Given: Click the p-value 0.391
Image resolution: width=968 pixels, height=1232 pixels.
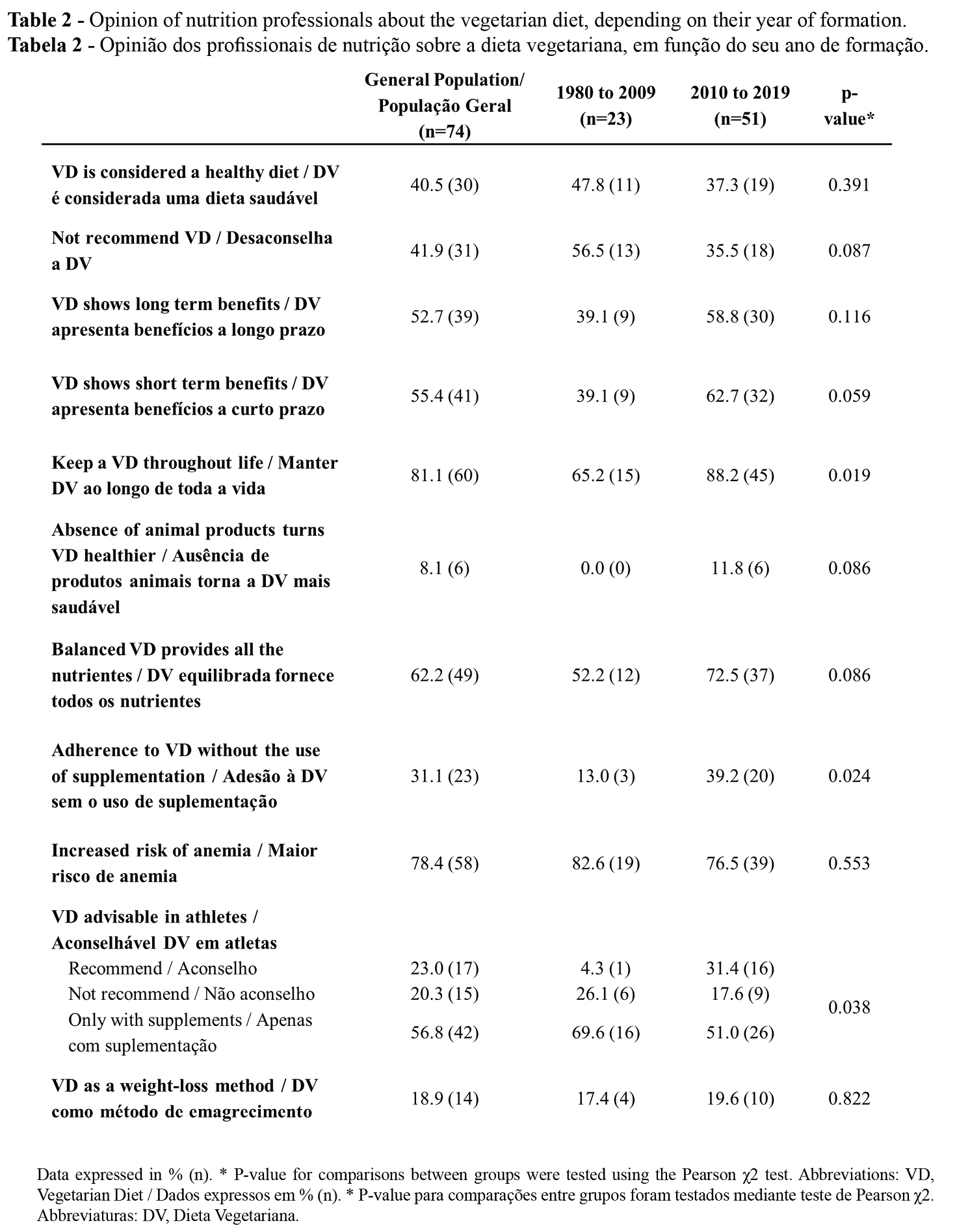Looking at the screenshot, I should coord(848,185).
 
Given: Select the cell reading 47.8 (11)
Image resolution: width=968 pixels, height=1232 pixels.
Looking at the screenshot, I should coord(605,185).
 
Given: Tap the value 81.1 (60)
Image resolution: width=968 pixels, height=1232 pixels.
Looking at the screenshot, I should coord(444,475).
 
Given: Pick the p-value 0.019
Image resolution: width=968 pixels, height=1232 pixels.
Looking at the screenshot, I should coord(848,475).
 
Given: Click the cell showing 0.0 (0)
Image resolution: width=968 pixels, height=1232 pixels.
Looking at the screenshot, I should coord(605,568).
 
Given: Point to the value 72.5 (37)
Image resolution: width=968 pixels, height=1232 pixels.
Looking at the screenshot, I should coord(740,675).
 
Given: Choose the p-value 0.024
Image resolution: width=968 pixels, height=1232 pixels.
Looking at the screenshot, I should coord(848,776).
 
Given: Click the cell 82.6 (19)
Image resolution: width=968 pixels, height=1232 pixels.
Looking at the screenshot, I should coord(605,863).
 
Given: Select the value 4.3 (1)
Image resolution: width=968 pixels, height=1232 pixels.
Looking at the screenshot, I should coord(605,969).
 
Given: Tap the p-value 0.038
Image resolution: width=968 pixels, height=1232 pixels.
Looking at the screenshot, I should coord(848,1007).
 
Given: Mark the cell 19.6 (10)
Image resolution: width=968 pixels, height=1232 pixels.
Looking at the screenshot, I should coord(740,1099).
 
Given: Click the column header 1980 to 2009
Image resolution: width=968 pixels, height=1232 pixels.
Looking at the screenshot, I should coord(605,105).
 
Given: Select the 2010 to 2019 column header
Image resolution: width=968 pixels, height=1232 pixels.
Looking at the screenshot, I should coord(740,105).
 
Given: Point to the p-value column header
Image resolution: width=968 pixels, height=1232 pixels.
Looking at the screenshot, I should coord(848,105).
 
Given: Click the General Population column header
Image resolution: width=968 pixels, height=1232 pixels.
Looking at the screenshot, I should coord(444,105).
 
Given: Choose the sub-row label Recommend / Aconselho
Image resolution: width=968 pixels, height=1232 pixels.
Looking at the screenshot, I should coord(163,969).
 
